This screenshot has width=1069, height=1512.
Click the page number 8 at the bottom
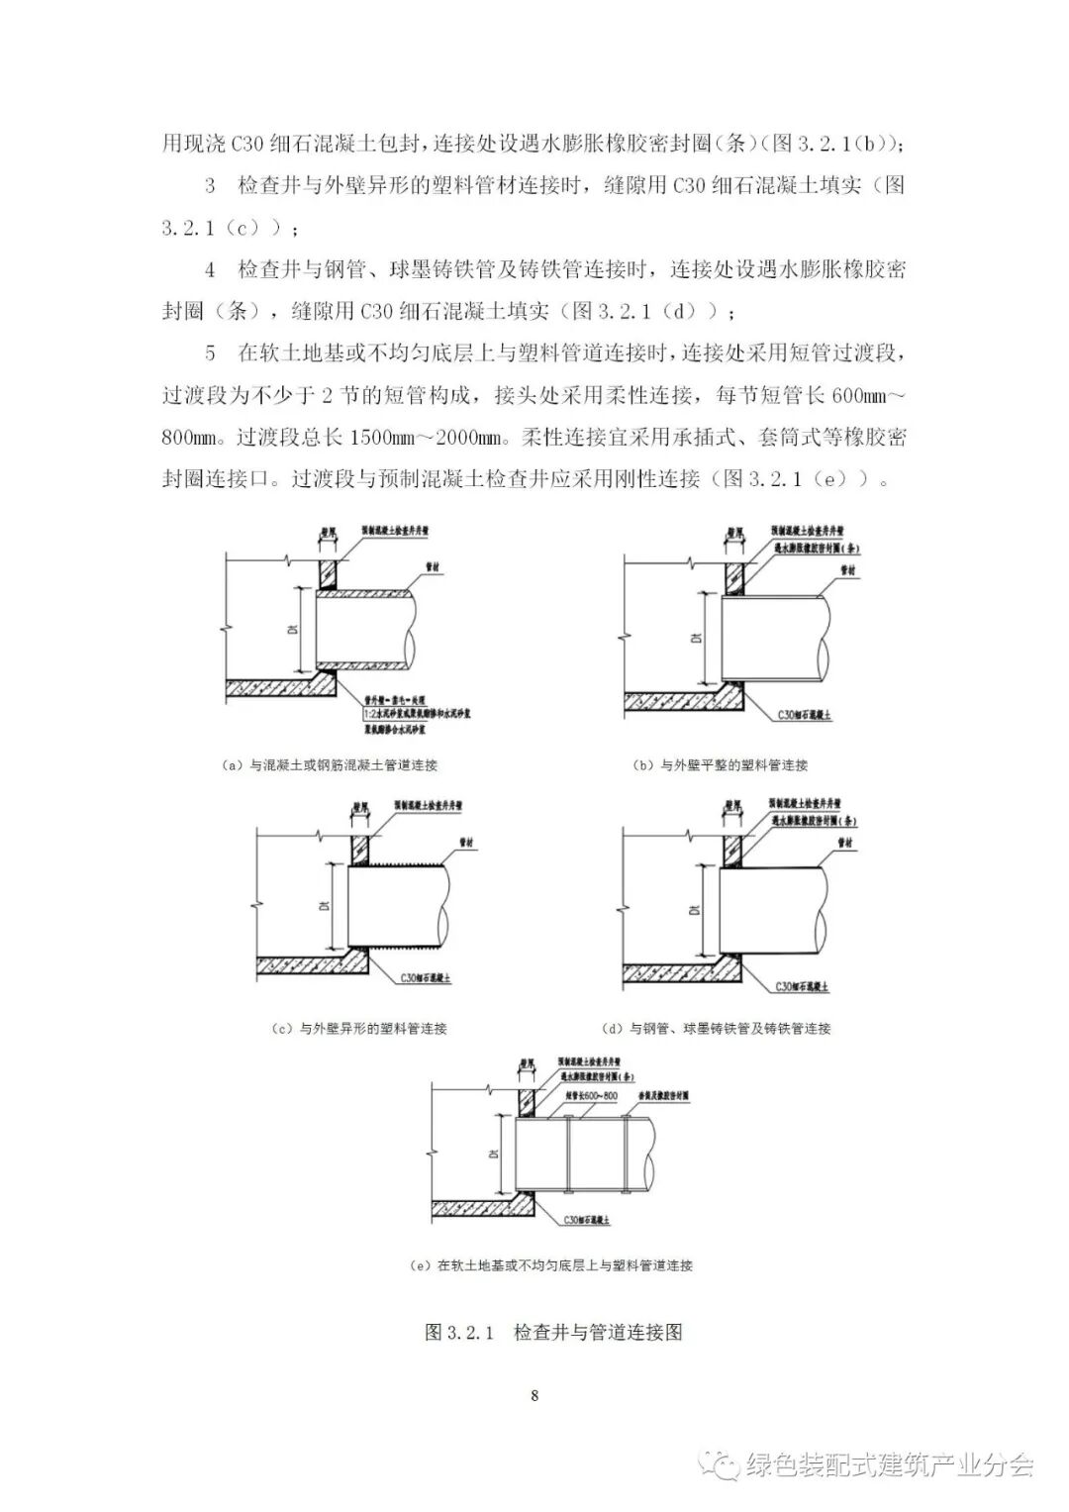pos(534,1396)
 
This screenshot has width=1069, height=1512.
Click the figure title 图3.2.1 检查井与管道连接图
pos(553,1332)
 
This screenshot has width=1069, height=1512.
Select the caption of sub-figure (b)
pos(720,765)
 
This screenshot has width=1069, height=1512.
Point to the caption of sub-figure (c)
pos(359,1029)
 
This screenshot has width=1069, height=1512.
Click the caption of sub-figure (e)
pos(550,1265)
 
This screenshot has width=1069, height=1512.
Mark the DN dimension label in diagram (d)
pos(696,908)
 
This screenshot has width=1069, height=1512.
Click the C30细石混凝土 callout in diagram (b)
pos(804,713)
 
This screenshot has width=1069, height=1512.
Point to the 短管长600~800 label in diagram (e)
pos(591,1096)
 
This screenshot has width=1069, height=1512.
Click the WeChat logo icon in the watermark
pos(721,1465)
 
